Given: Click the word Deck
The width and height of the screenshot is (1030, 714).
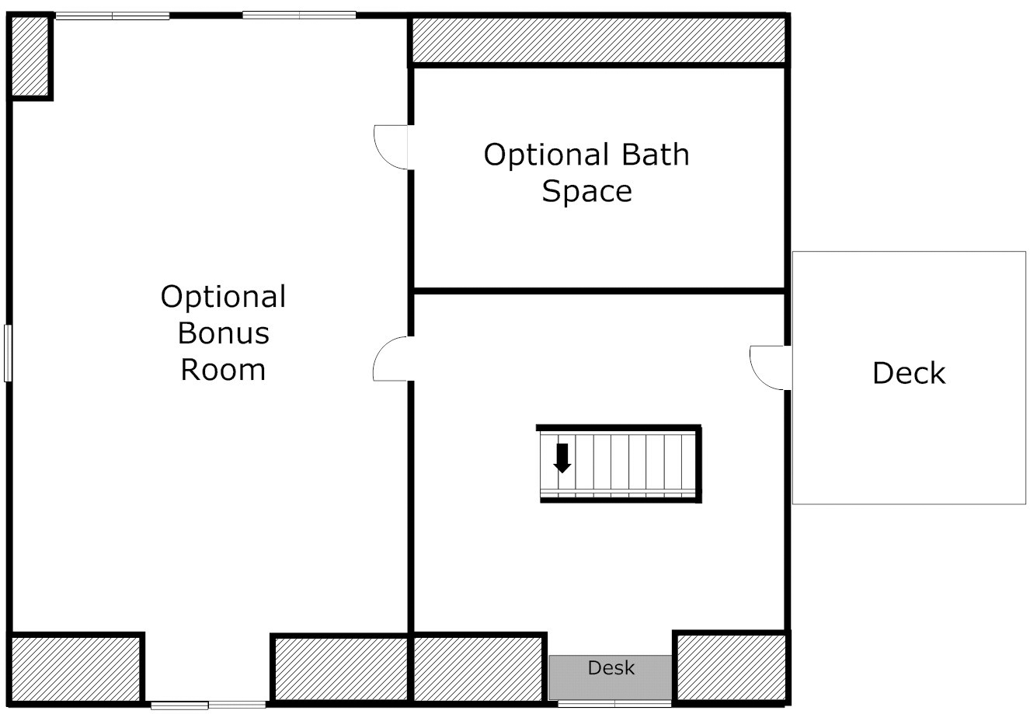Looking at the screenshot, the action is click(909, 373).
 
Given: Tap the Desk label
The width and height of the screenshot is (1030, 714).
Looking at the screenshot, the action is click(611, 667).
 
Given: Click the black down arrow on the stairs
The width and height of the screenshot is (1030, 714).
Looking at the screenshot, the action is click(562, 458).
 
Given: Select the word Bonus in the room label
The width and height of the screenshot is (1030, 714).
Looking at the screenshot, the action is click(224, 333).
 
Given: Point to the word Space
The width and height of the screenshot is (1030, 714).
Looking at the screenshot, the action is click(586, 191).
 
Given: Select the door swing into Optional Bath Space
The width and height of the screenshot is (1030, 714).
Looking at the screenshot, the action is click(391, 147).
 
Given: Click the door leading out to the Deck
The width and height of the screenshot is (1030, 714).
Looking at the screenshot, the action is click(771, 367).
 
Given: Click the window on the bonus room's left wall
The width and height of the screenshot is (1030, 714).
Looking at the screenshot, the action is click(8, 353).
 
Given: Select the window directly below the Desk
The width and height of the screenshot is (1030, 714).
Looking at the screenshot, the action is click(614, 704).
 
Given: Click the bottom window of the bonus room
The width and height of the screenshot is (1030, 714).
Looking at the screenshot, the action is click(208, 705).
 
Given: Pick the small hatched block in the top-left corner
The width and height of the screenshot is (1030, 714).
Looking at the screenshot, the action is click(30, 57).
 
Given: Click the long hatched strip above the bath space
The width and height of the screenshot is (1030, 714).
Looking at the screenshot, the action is click(599, 40).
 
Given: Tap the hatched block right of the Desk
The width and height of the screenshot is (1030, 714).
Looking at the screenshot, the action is click(731, 667).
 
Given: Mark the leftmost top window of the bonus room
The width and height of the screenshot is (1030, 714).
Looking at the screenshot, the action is click(113, 16).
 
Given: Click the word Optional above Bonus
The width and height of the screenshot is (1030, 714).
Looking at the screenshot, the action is click(224, 298).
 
